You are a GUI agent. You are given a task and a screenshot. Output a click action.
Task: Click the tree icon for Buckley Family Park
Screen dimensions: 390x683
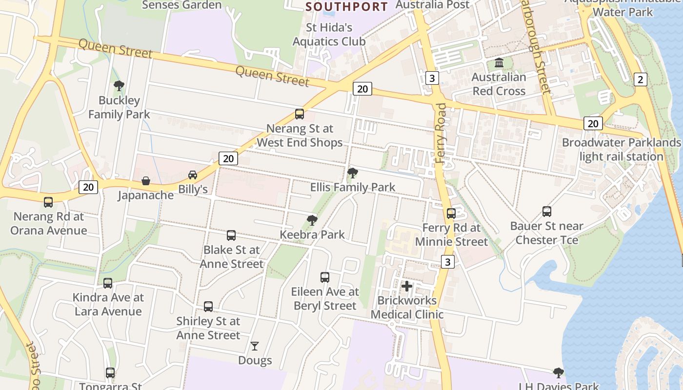click(119, 86)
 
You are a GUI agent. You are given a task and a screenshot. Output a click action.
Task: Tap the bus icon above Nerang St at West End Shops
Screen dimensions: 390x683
click(300, 114)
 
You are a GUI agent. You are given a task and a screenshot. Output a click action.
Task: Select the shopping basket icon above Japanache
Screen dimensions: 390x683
click(146, 181)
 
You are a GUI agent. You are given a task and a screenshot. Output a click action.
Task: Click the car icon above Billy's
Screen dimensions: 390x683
click(193, 175)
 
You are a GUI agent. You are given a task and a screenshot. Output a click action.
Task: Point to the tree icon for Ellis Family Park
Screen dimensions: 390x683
click(352, 173)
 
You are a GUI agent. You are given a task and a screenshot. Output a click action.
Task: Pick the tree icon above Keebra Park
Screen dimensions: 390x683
click(312, 220)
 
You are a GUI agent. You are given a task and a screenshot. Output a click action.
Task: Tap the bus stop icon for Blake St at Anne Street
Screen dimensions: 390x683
click(231, 235)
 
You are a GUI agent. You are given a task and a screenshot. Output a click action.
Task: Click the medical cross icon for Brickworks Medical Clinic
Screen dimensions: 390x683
click(407, 286)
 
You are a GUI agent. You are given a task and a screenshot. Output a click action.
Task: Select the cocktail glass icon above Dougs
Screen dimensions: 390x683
click(255, 346)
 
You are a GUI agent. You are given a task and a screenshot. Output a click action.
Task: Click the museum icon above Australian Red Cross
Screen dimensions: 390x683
click(499, 63)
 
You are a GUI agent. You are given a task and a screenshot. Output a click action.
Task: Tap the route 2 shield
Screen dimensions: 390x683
click(641, 79)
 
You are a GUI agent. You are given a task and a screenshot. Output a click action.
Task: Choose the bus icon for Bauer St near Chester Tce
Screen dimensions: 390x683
click(547, 212)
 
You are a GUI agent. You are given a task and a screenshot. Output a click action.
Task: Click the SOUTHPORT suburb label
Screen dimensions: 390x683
click(346, 7)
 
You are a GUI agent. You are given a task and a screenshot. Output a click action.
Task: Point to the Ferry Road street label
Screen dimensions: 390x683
click(442, 133)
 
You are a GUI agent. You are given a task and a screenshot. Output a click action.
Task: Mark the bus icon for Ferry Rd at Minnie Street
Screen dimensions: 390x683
click(451, 214)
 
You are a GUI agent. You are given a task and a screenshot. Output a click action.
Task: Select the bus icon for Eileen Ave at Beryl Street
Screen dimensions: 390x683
click(325, 277)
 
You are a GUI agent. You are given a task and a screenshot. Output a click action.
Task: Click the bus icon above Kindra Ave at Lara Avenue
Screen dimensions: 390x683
click(108, 283)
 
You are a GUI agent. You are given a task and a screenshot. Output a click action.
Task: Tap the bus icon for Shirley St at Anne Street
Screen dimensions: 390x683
click(208, 307)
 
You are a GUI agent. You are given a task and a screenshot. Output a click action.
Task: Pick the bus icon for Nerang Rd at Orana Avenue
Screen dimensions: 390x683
click(48, 202)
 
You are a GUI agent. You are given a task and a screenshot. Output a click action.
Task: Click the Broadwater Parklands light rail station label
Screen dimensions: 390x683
click(621, 150)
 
